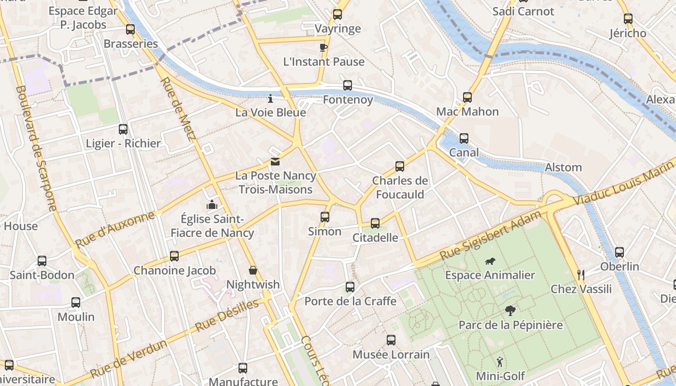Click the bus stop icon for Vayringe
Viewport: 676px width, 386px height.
(x=338, y=14)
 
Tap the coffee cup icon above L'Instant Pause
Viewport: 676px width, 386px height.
(x=324, y=47)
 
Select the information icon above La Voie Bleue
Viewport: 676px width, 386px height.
(x=270, y=98)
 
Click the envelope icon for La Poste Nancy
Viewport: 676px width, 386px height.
(x=275, y=162)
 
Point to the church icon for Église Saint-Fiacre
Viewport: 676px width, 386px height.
(x=211, y=205)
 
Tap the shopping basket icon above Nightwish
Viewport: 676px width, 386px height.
(x=253, y=270)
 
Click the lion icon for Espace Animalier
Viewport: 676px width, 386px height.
(x=490, y=262)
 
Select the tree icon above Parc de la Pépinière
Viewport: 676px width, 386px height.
(x=510, y=311)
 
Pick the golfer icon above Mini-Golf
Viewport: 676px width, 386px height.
(x=500, y=362)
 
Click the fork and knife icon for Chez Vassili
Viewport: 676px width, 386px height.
(x=581, y=275)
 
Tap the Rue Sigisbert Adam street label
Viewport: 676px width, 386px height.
(x=491, y=236)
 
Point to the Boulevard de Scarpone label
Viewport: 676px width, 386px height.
(x=36, y=148)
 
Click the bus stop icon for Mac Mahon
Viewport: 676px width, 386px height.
(x=467, y=97)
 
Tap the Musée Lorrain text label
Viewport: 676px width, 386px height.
(x=391, y=355)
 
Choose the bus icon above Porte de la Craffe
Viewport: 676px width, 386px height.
(x=350, y=287)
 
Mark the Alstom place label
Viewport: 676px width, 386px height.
(x=563, y=167)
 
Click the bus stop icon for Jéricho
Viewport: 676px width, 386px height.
(x=628, y=19)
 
